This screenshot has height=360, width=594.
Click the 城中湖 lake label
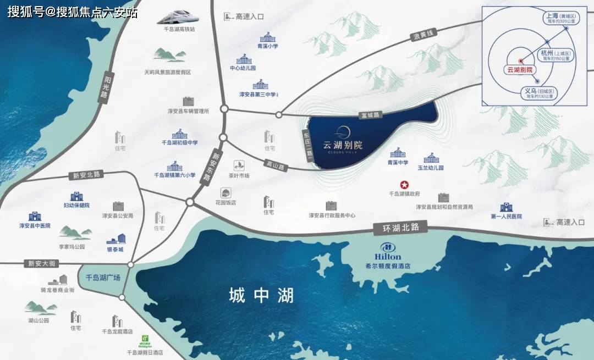261,296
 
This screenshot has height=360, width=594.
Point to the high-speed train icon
177,17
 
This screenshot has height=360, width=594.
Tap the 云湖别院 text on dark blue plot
343,146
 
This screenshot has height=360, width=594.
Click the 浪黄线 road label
423,36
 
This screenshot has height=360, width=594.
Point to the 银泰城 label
115,249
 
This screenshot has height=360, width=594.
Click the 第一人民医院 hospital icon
505,207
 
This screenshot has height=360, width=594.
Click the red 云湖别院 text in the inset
520,70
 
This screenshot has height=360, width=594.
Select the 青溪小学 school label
268,47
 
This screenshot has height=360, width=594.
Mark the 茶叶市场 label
239,175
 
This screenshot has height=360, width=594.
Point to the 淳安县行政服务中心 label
332,215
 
